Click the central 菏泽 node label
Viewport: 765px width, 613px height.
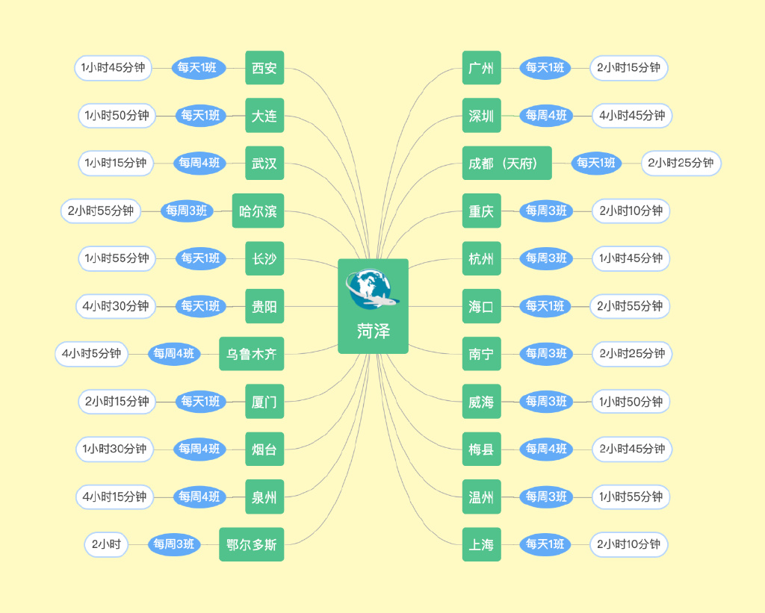(373, 331)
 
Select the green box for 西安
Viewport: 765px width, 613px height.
(264, 68)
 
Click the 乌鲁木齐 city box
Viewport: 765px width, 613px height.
(251, 354)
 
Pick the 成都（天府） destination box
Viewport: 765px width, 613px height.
(507, 163)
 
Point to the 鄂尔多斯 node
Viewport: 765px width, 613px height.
(251, 544)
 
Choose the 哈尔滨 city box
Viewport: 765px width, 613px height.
(258, 211)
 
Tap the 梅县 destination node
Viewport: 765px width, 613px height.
(481, 449)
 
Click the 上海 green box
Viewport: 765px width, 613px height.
(481, 544)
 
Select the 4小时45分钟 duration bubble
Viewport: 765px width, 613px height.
(632, 116)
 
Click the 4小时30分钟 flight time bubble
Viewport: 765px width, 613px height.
(116, 306)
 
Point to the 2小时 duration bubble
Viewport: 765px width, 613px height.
(106, 544)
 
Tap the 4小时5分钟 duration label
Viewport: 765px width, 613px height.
(91, 354)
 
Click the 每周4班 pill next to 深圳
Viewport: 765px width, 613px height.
(546, 116)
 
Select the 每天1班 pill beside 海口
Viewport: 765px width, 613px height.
(545, 306)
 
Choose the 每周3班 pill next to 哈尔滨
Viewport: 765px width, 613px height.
(187, 211)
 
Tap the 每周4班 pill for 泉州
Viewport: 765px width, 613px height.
(199, 497)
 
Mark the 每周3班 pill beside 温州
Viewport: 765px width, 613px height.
(546, 497)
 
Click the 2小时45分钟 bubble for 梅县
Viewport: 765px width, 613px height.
(632, 449)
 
